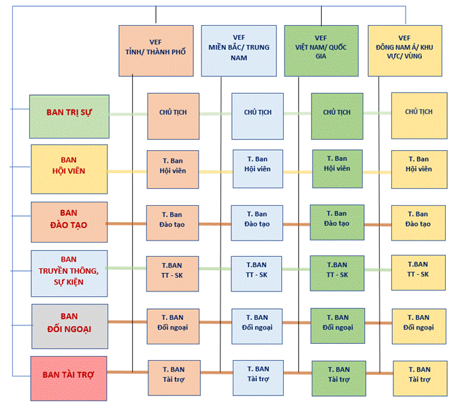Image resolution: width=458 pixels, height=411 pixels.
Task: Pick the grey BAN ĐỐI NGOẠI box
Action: (69, 322)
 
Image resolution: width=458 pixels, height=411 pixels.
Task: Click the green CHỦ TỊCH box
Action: (337, 112)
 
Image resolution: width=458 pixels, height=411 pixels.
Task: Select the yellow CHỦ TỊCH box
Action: (419, 112)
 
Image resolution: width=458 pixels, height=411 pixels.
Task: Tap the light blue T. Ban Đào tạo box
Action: (257, 219)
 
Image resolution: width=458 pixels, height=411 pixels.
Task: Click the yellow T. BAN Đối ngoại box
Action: (419, 323)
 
